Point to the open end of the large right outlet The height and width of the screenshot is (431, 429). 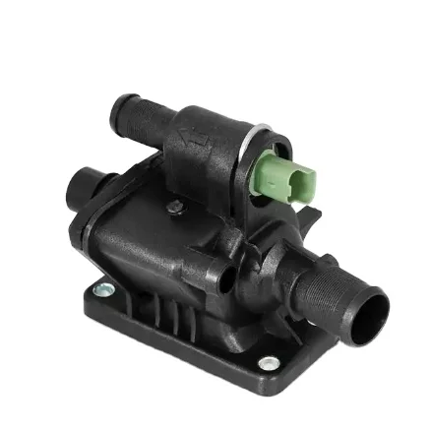click(377, 313)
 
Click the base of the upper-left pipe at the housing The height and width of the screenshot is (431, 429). click(172, 133)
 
